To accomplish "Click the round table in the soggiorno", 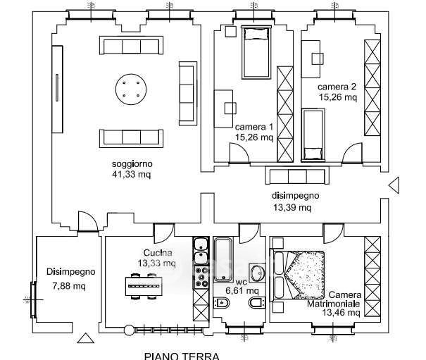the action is click(x=131, y=89).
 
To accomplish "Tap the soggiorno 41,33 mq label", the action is click(x=132, y=169).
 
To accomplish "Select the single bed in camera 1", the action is click(x=256, y=52).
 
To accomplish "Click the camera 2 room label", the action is click(x=337, y=87).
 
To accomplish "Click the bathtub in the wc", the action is click(x=223, y=260).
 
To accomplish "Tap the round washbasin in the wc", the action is click(x=257, y=273).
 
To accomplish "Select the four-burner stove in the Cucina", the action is click(x=201, y=277).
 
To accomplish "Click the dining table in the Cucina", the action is click(x=144, y=286).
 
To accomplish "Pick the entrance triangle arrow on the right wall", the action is click(x=394, y=185).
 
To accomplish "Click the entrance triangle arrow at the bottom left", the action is click(x=86, y=338).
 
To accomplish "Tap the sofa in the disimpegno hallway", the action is click(x=297, y=175).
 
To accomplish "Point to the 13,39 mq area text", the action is click(x=292, y=208).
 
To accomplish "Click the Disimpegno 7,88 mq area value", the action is click(x=69, y=286).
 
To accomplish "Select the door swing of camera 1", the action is click(x=239, y=153).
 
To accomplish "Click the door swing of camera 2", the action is click(x=352, y=153).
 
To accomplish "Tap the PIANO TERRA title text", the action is click(x=182, y=356).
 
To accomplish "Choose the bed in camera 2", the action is click(x=313, y=135).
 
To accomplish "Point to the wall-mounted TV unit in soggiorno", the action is click(x=57, y=89).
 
